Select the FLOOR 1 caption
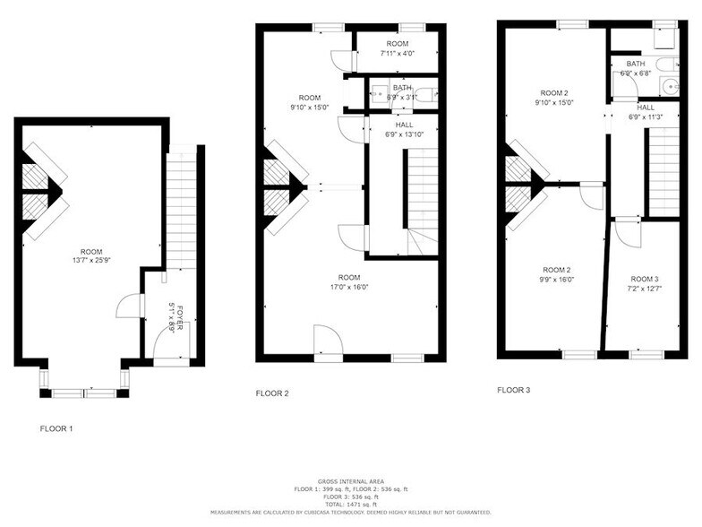coord(56,429)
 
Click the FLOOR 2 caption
coord(272,393)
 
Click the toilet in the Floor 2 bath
coord(425,92)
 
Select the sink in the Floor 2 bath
coord(379,92)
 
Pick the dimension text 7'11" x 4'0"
coord(396,54)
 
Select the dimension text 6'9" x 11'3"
coord(645,117)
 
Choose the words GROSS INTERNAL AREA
coord(350,481)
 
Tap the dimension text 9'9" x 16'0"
coord(558,280)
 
